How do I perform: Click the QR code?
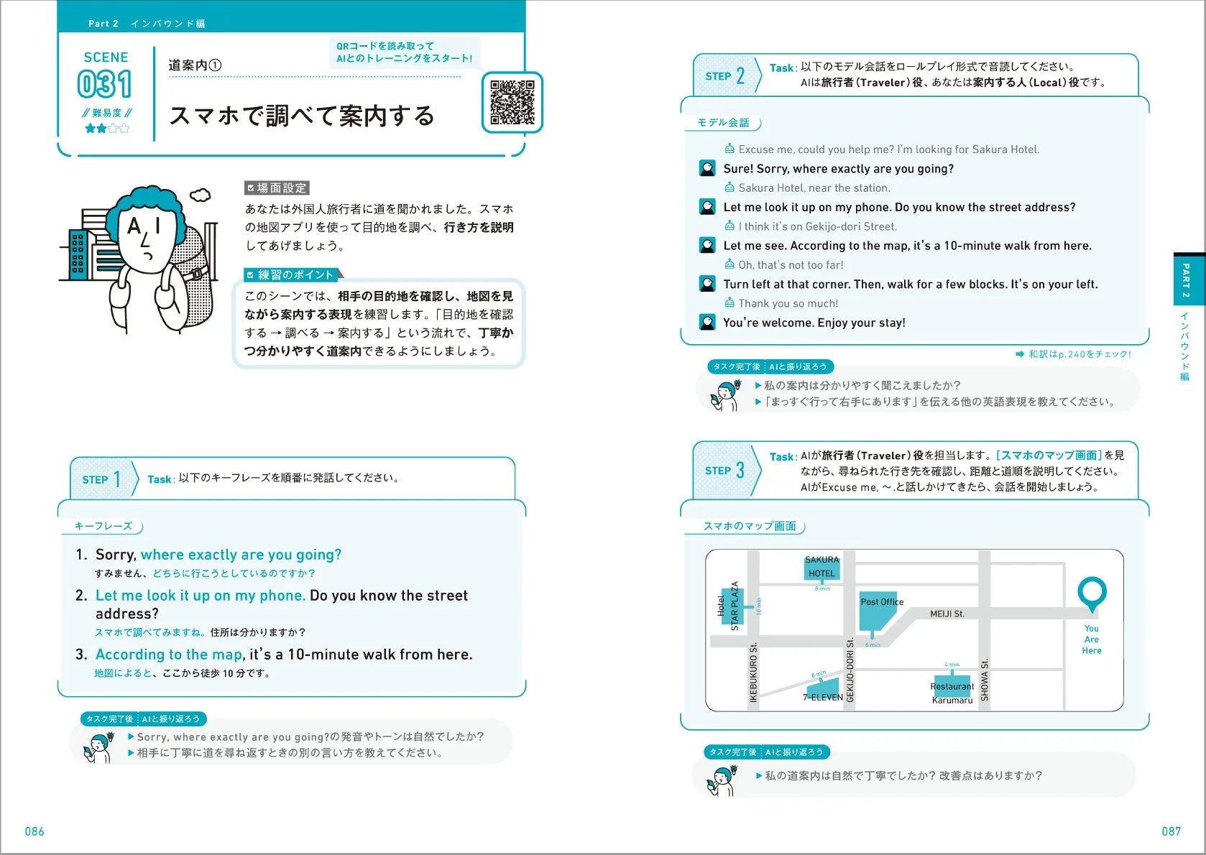pyautogui.click(x=512, y=102)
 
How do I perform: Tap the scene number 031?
pyautogui.click(x=105, y=84)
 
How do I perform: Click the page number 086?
pyautogui.click(x=34, y=831)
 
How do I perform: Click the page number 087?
pyautogui.click(x=1171, y=831)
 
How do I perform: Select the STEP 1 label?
pyautogui.click(x=101, y=479)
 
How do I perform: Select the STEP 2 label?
pyautogui.click(x=724, y=75)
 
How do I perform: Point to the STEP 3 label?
pyautogui.click(x=724, y=471)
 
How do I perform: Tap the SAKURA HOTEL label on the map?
pyautogui.click(x=821, y=567)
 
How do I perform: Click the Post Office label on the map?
pyautogui.click(x=881, y=602)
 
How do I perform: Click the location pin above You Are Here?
pyautogui.click(x=1092, y=593)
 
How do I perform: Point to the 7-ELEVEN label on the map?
pyautogui.click(x=822, y=696)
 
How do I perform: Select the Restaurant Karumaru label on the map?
pyautogui.click(x=952, y=693)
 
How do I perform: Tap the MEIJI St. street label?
pyautogui.click(x=947, y=614)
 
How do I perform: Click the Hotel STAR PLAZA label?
pyautogui.click(x=728, y=606)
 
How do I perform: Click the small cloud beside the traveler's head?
pyautogui.click(x=201, y=195)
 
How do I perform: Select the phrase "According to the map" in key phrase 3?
pyautogui.click(x=169, y=655)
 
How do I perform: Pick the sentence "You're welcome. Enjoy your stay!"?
pyautogui.click(x=814, y=323)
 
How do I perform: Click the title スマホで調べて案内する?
pyautogui.click(x=302, y=116)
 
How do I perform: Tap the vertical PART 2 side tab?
pyautogui.click(x=1186, y=279)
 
